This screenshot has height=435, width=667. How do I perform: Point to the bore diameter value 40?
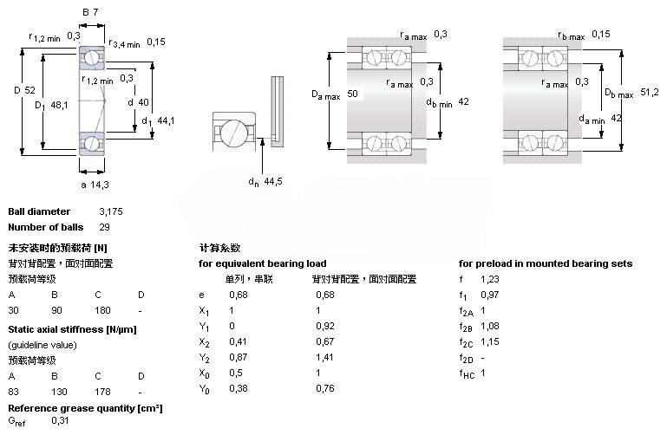click(x=143, y=102)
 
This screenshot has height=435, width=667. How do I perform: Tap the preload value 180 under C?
click(x=103, y=310)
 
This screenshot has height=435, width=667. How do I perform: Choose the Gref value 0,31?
click(x=60, y=420)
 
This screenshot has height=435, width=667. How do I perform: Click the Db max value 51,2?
click(x=649, y=90)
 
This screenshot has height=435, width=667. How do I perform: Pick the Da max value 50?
click(x=352, y=93)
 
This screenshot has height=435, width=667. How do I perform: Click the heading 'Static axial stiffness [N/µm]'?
click(x=73, y=329)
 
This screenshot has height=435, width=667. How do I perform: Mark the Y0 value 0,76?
click(x=325, y=388)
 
